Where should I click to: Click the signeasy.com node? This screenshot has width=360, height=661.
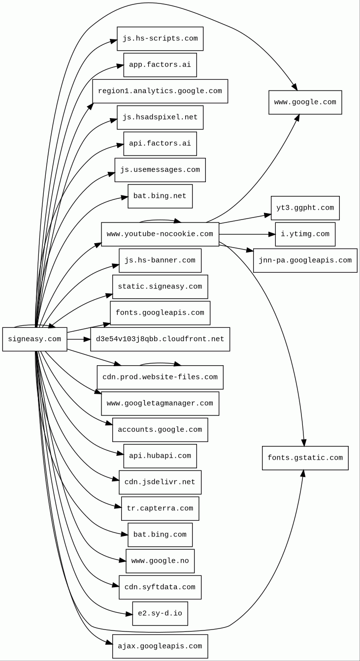click(x=34, y=339)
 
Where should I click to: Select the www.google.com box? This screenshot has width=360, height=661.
click(x=305, y=102)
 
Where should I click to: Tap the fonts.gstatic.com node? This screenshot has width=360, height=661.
click(x=305, y=458)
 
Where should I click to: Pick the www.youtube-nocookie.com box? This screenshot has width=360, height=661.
click(x=160, y=234)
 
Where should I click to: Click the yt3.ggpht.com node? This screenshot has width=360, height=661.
click(x=305, y=208)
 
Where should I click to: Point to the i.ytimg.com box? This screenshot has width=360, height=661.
click(x=305, y=234)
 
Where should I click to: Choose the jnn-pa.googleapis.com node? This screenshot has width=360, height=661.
click(x=305, y=260)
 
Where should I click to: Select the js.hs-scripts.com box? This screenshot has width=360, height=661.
click(x=160, y=39)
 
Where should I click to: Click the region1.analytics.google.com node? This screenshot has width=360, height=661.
click(x=160, y=91)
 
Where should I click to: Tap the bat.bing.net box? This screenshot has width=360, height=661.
click(x=160, y=196)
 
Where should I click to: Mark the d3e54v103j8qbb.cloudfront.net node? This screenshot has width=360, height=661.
click(x=160, y=339)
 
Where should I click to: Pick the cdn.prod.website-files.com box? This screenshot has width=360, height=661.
click(x=160, y=378)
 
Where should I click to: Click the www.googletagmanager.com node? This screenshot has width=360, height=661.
click(x=160, y=404)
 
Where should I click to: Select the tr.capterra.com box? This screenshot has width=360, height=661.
click(x=160, y=508)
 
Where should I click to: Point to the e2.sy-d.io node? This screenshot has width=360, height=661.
click(x=160, y=614)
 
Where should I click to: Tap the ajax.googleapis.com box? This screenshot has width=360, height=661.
click(x=160, y=646)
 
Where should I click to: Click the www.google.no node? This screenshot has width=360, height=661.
click(x=160, y=561)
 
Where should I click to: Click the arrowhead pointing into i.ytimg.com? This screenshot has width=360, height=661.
click(x=271, y=234)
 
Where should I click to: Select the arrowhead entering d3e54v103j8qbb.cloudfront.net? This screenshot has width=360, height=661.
click(x=87, y=339)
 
